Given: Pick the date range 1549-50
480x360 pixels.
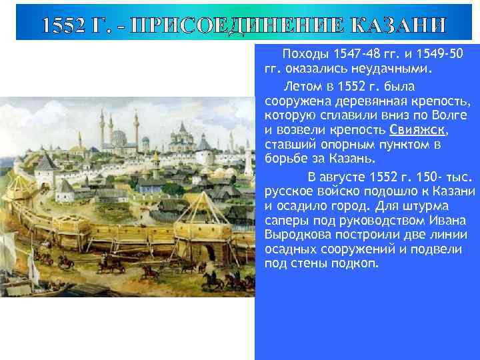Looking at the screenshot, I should point(436,53).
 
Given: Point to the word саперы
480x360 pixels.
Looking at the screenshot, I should point(285,221).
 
